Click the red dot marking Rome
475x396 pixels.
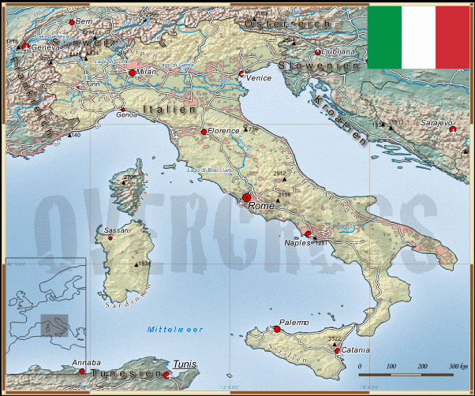[246, 197]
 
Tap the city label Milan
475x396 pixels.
[148, 72]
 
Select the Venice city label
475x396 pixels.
[259, 78]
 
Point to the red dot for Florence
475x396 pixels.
[204, 132]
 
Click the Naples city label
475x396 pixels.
[297, 243]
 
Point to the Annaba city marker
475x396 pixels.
[81, 371]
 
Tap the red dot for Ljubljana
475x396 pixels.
[318, 52]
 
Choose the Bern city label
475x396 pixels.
[84, 21]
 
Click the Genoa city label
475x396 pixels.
[127, 115]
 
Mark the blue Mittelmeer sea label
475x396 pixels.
[175, 329]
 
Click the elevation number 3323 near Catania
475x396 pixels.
[334, 338]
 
